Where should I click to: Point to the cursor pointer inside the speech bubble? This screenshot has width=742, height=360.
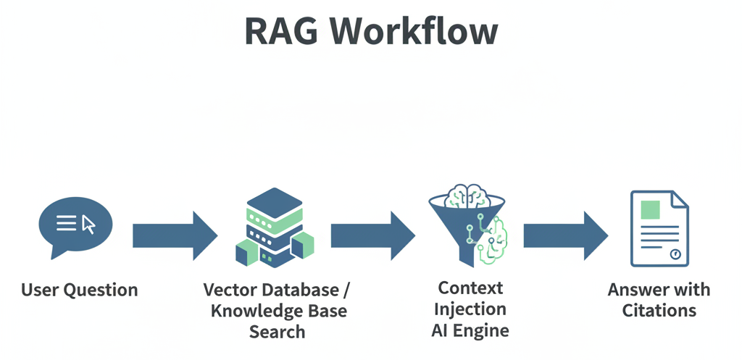pyautogui.click(x=88, y=224)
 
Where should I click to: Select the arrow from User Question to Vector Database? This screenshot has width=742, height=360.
pyautogui.click(x=175, y=235)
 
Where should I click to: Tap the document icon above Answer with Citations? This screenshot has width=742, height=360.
pyautogui.click(x=659, y=228)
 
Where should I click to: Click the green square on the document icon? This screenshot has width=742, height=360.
pyautogui.click(x=650, y=208)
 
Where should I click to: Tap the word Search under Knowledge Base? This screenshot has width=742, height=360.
pyautogui.click(x=277, y=332)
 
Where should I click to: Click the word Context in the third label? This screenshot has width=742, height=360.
pyautogui.click(x=470, y=288)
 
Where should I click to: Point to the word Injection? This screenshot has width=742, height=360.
pyautogui.click(x=470, y=309)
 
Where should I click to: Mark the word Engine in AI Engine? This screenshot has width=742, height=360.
pyautogui.click(x=481, y=331)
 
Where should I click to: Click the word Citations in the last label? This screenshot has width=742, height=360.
pyautogui.click(x=659, y=311)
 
